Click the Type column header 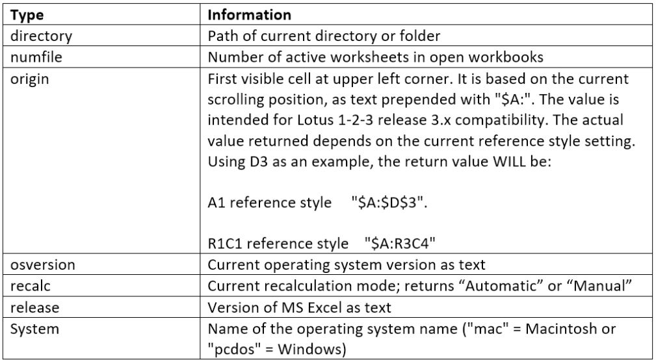(27, 16)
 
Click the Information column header (250, 15)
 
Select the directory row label (41, 36)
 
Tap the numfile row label (36, 57)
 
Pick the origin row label (29, 79)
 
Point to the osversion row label (43, 264)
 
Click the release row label (34, 307)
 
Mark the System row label (34, 329)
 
